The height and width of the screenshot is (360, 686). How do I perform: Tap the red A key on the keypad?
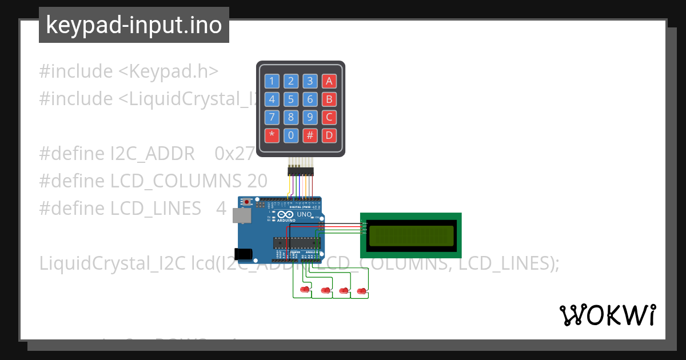pyautogui.click(x=329, y=81)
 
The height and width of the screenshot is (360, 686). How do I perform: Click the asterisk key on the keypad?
pyautogui.click(x=272, y=136)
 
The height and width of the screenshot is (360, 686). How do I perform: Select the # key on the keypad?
pyautogui.click(x=310, y=136)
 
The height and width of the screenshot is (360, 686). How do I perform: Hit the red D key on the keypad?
pyautogui.click(x=329, y=136)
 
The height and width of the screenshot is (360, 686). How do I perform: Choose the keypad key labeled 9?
pyautogui.click(x=310, y=118)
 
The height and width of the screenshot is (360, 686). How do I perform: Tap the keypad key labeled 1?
pyautogui.click(x=272, y=81)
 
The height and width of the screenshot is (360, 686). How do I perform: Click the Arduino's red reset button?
pyautogui.click(x=247, y=202)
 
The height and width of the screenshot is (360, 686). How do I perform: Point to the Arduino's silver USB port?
pyautogui.click(x=241, y=215)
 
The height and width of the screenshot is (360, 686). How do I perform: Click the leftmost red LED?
pyautogui.click(x=305, y=291)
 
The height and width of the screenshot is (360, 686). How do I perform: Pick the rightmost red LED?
pyautogui.click(x=361, y=291)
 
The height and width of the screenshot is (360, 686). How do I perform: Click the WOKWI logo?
pyautogui.click(x=607, y=315)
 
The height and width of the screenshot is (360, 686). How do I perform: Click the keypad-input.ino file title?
pyautogui.click(x=134, y=25)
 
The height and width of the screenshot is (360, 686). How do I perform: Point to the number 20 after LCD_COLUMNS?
pyautogui.click(x=257, y=181)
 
